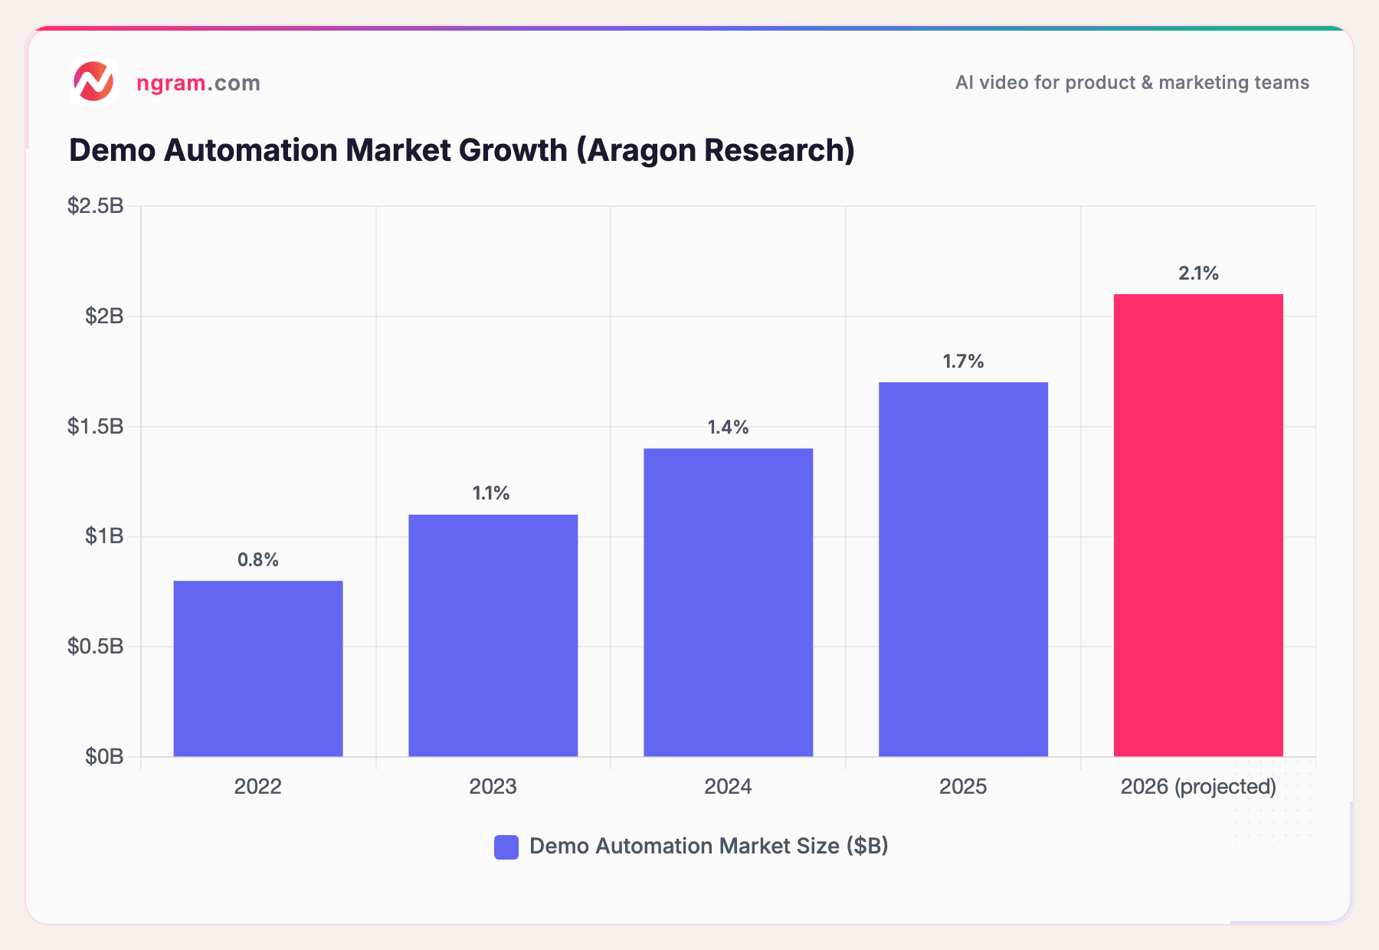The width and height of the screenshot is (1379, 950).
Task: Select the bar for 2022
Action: pyautogui.click(x=258, y=668)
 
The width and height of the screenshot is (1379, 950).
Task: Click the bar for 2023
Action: pyautogui.click(x=493, y=635)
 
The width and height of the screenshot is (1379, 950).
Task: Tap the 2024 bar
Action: pyautogui.click(x=728, y=602)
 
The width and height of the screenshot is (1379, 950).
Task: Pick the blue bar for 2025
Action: pyautogui.click(x=963, y=569)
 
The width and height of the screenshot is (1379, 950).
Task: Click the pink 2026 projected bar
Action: pyautogui.click(x=1198, y=525)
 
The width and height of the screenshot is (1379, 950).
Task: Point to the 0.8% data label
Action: pyautogui.click(x=258, y=560)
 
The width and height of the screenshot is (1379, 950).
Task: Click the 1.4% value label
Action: pyautogui.click(x=728, y=427)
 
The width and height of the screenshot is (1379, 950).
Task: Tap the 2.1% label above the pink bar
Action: pyautogui.click(x=1198, y=274)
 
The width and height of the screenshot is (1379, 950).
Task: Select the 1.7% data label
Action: pyautogui.click(x=963, y=362)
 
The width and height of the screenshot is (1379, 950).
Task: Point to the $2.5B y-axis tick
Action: pyautogui.click(x=96, y=205)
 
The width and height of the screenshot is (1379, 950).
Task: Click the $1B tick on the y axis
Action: pyautogui.click(x=104, y=536)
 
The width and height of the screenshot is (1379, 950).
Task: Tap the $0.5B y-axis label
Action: pyautogui.click(x=96, y=647)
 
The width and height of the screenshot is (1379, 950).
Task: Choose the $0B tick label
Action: pyautogui.click(x=104, y=757)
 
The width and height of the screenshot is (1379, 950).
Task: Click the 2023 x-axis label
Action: pyautogui.click(x=493, y=787)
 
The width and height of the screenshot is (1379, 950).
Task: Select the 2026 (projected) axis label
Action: pyautogui.click(x=1198, y=787)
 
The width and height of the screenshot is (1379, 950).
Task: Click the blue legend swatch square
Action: pyautogui.click(x=506, y=847)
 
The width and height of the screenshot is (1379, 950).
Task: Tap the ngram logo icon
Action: pyautogui.click(x=93, y=81)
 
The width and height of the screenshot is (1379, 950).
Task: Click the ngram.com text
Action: pyautogui.click(x=198, y=83)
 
